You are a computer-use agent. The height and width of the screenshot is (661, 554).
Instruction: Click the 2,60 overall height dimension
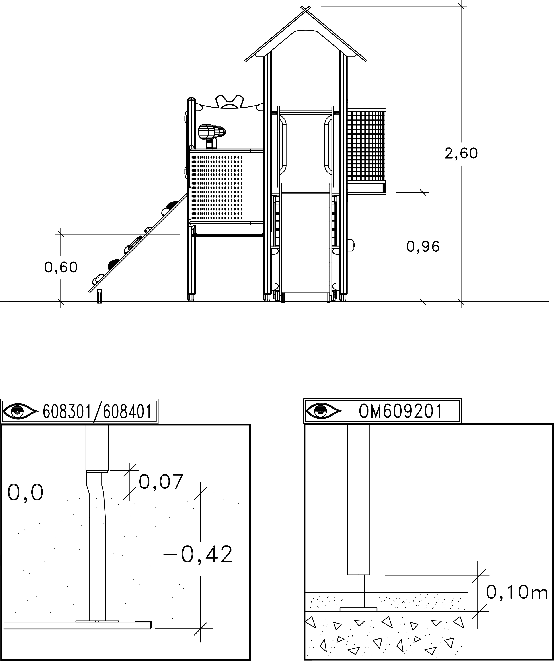pyautogui.click(x=461, y=154)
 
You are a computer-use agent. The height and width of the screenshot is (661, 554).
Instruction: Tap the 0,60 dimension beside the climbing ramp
pyautogui.click(x=61, y=267)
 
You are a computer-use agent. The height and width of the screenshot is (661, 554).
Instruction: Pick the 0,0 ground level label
pyautogui.click(x=25, y=492)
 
